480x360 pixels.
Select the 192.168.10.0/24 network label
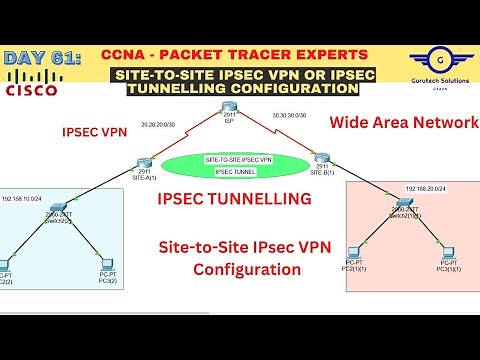(23, 199)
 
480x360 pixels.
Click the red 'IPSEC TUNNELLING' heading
(234, 200)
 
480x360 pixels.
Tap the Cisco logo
(30, 86)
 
